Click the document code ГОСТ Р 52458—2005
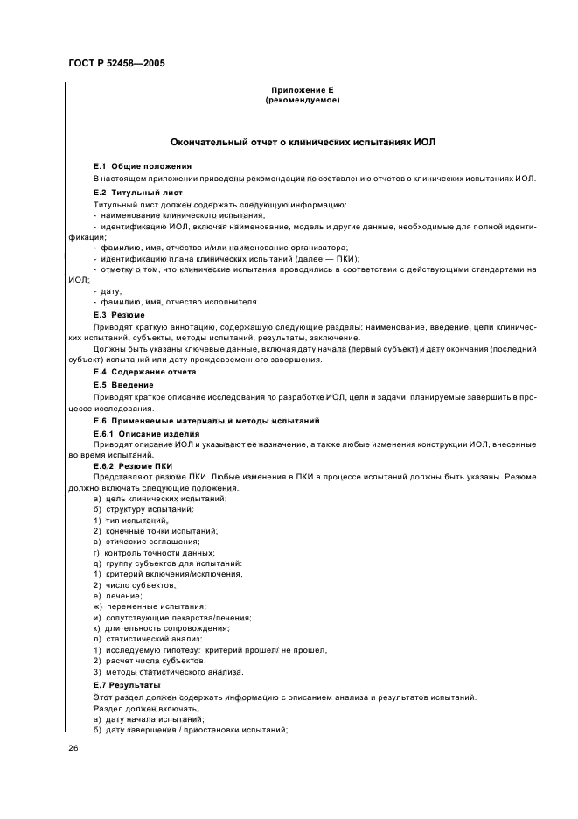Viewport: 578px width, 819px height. point(115,64)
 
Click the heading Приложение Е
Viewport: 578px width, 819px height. point(302,91)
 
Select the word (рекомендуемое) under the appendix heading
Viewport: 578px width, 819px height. point(302,101)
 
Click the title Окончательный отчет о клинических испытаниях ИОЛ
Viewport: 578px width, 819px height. point(302,142)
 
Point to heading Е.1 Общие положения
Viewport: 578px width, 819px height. point(143,165)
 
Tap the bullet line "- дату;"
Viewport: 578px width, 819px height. point(107,290)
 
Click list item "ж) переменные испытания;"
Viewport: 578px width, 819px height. point(150,605)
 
